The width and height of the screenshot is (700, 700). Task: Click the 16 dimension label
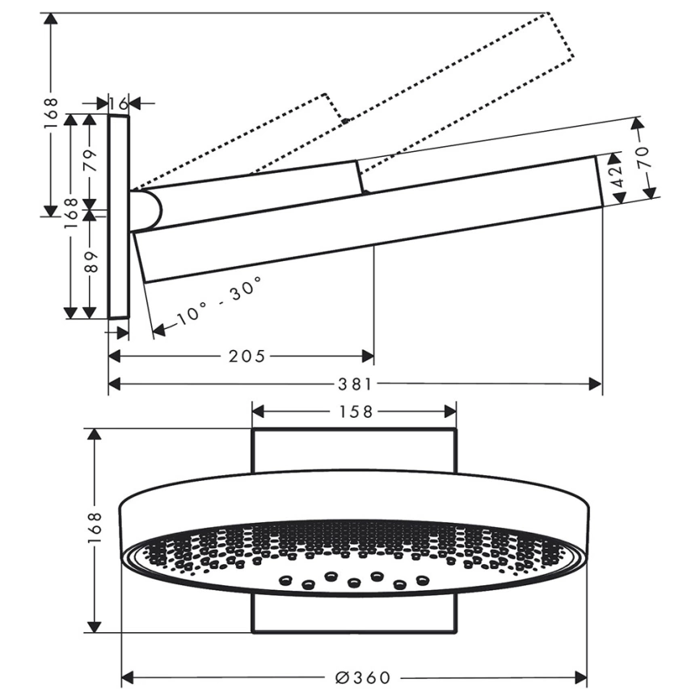click(x=119, y=104)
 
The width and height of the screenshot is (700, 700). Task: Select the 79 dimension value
click(x=91, y=160)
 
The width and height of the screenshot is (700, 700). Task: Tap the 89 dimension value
click(x=91, y=262)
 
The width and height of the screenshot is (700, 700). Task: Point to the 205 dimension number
click(x=247, y=356)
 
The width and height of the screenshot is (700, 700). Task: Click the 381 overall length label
click(x=355, y=384)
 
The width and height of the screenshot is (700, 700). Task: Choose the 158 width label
click(x=356, y=411)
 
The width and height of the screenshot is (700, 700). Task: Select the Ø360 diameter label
click(x=362, y=678)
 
